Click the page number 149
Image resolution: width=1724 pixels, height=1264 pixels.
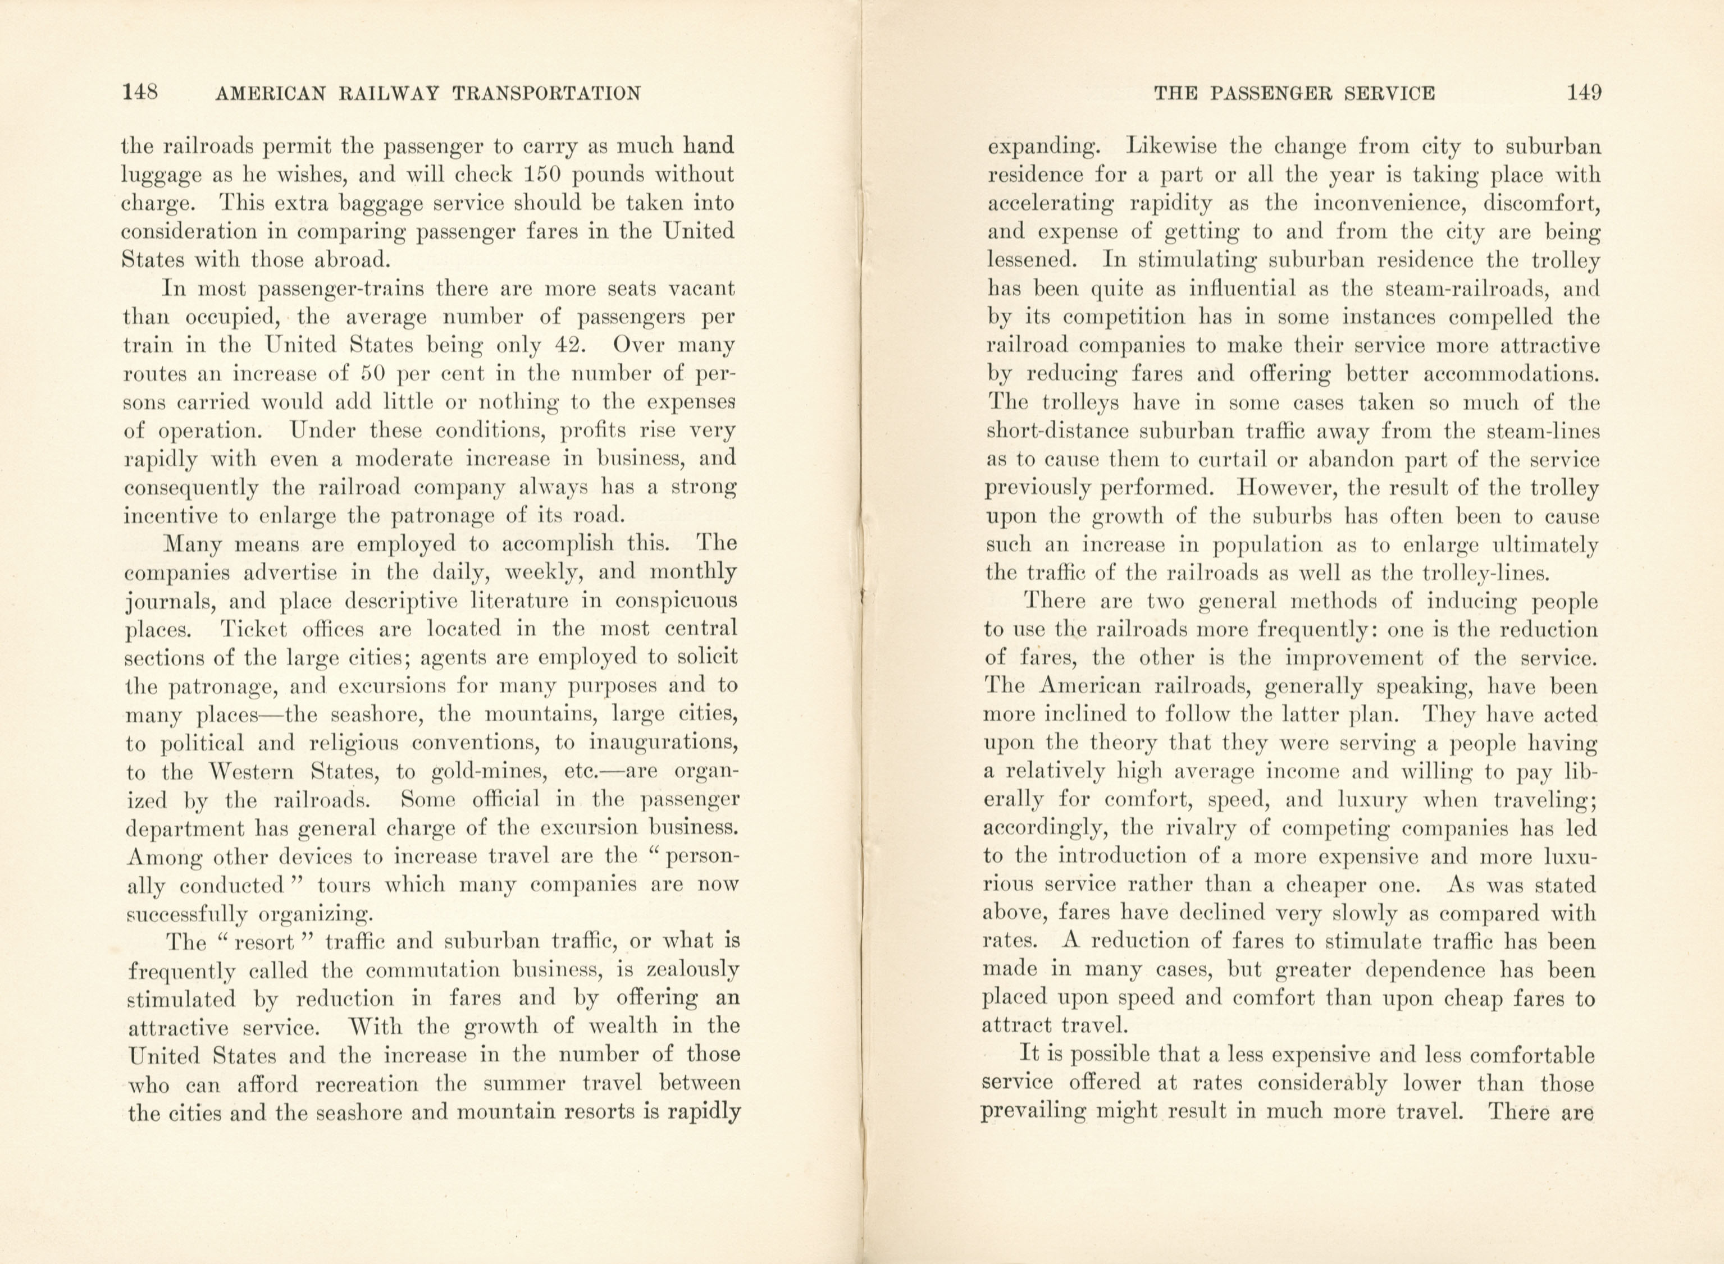click(1582, 93)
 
